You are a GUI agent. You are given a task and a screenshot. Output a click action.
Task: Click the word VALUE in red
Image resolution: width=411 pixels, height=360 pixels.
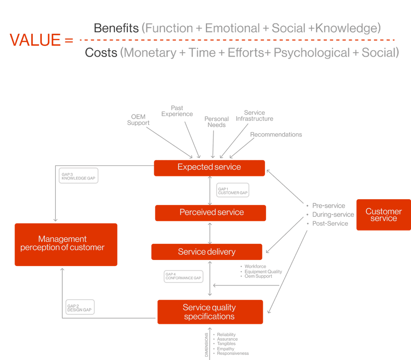point(35,40)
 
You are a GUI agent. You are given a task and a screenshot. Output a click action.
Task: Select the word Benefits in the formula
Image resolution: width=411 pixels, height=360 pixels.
point(116,28)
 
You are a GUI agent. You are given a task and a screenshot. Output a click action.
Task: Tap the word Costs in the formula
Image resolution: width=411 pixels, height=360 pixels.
point(101,53)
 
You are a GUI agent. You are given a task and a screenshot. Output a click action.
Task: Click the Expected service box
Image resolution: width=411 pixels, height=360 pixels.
point(209,168)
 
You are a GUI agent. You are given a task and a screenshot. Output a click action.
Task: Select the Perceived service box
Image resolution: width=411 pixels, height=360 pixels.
point(211,213)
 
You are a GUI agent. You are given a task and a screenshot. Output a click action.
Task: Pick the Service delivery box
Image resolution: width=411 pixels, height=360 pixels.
point(207,252)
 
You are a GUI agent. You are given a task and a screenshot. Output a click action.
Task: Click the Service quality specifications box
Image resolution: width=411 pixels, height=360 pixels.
point(210,312)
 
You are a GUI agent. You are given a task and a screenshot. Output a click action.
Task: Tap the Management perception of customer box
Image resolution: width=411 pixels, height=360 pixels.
point(66,244)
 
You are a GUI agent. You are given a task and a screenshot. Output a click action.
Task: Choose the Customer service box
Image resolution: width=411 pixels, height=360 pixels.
point(383,215)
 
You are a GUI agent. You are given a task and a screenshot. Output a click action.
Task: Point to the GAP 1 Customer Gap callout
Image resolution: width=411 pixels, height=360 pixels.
point(233,190)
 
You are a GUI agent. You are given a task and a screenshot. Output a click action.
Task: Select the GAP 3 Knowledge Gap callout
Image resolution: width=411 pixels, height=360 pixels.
point(79,176)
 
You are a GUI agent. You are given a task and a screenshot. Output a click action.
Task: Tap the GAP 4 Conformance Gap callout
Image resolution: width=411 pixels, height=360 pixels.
point(183,276)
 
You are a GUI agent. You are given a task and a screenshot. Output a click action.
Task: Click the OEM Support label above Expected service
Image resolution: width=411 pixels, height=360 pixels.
point(138,120)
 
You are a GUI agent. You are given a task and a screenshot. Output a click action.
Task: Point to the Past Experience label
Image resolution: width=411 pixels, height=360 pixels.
point(177,111)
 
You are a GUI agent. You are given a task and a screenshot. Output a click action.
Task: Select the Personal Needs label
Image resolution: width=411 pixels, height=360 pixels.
point(216,122)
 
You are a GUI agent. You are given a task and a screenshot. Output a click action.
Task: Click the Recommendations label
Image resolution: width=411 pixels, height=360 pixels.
point(276,135)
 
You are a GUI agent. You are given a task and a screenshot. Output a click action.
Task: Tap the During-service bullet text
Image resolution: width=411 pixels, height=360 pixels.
point(333,215)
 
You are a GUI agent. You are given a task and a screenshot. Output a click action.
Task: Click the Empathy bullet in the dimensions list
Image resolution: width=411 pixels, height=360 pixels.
point(226,349)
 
